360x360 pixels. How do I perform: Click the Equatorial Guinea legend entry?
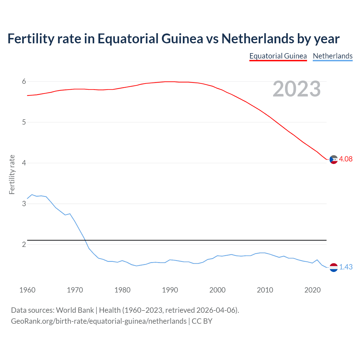278,56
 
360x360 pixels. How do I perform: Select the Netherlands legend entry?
332,56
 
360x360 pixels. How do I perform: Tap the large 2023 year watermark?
297,89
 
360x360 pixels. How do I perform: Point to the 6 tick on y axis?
24,82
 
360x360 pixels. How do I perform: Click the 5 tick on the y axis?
24,122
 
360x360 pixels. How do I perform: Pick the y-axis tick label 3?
24,204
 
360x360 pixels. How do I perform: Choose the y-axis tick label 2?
24,244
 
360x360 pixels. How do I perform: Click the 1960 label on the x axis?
27,290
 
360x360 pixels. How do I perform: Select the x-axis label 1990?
170,290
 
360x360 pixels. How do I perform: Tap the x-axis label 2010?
265,290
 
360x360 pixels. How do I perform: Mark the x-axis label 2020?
312,290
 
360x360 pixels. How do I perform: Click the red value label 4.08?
346,159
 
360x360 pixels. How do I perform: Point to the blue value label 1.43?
346,267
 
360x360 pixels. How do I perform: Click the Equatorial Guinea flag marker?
334,159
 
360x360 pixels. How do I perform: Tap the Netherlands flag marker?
334,267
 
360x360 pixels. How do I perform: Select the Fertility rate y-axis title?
12,174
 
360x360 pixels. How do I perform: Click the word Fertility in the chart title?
31,39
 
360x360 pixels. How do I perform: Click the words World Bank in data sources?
75,310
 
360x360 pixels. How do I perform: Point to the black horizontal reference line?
180,240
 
